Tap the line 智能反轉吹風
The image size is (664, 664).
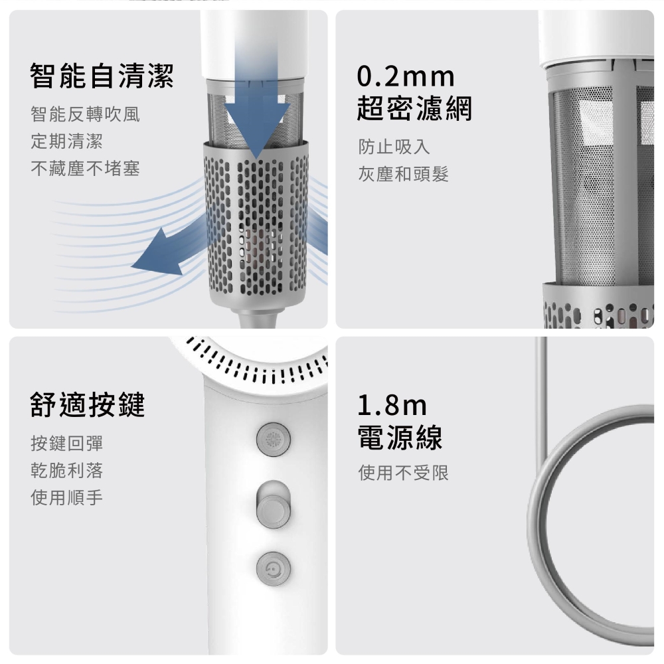point(85,115)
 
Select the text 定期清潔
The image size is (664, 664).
point(67,141)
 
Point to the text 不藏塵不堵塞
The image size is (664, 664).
point(85,169)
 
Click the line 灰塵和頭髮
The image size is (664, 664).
point(404,174)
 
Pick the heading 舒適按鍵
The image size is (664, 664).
point(88,404)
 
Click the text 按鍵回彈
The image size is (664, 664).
point(67,444)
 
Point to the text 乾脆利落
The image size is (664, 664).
point(67,471)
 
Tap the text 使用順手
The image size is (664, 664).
point(67,497)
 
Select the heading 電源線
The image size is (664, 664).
point(400,436)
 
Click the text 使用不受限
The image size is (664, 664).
point(404,473)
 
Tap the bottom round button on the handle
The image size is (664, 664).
point(273,568)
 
